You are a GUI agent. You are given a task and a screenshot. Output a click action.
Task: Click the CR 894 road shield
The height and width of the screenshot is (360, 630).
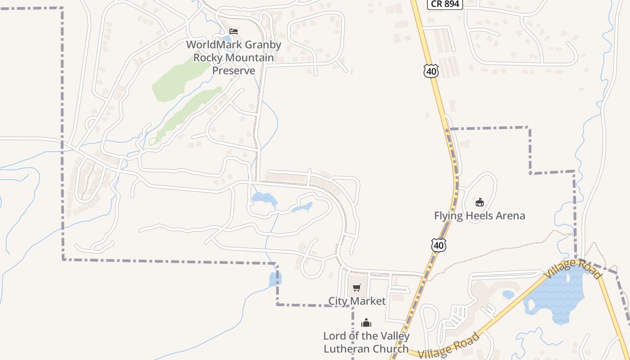pyautogui.click(x=445, y=4)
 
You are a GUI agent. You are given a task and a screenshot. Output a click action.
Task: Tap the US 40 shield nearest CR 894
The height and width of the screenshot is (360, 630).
pyautogui.click(x=431, y=71)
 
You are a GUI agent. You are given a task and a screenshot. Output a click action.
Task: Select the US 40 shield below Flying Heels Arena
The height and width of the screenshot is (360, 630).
pyautogui.click(x=439, y=245)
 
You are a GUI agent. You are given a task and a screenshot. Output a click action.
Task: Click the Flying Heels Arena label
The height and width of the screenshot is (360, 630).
pyautogui.click(x=479, y=216)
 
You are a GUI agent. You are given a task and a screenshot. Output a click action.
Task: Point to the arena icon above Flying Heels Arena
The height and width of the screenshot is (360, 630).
pyautogui.click(x=480, y=202)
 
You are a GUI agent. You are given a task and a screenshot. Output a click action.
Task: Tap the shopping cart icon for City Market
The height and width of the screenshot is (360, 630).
pyautogui.click(x=357, y=288)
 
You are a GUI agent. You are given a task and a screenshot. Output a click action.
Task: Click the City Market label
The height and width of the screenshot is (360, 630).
pyautogui.click(x=357, y=301)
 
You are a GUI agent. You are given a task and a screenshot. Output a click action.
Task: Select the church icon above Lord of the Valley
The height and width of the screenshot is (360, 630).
pyautogui.click(x=366, y=323)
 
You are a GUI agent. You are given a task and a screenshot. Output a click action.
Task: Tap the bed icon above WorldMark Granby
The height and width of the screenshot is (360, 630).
pyautogui.click(x=234, y=31)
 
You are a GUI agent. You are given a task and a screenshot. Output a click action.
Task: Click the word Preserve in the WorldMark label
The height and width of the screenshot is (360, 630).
pyautogui.click(x=234, y=71)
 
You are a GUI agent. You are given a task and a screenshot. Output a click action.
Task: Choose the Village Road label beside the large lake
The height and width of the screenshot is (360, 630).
pyautogui.click(x=572, y=269)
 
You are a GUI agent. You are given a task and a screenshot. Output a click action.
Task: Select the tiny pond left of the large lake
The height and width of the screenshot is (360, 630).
pyautogui.click(x=508, y=295)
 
